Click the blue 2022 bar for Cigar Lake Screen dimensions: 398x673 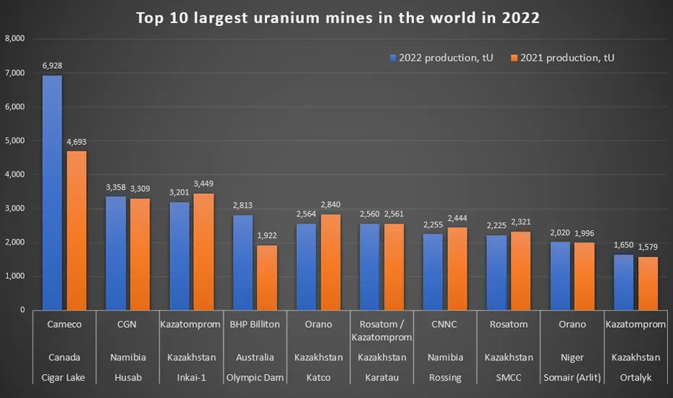(x=52, y=192)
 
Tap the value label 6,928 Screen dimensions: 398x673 (x=52, y=66)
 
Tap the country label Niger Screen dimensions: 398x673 (x=572, y=357)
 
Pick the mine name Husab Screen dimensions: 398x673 (x=126, y=376)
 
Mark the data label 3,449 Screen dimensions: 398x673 (x=203, y=184)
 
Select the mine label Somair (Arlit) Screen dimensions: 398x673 (x=572, y=376)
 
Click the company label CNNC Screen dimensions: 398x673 (x=444, y=324)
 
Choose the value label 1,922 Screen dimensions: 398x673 (x=267, y=235)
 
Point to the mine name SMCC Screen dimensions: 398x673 (x=508, y=376)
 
